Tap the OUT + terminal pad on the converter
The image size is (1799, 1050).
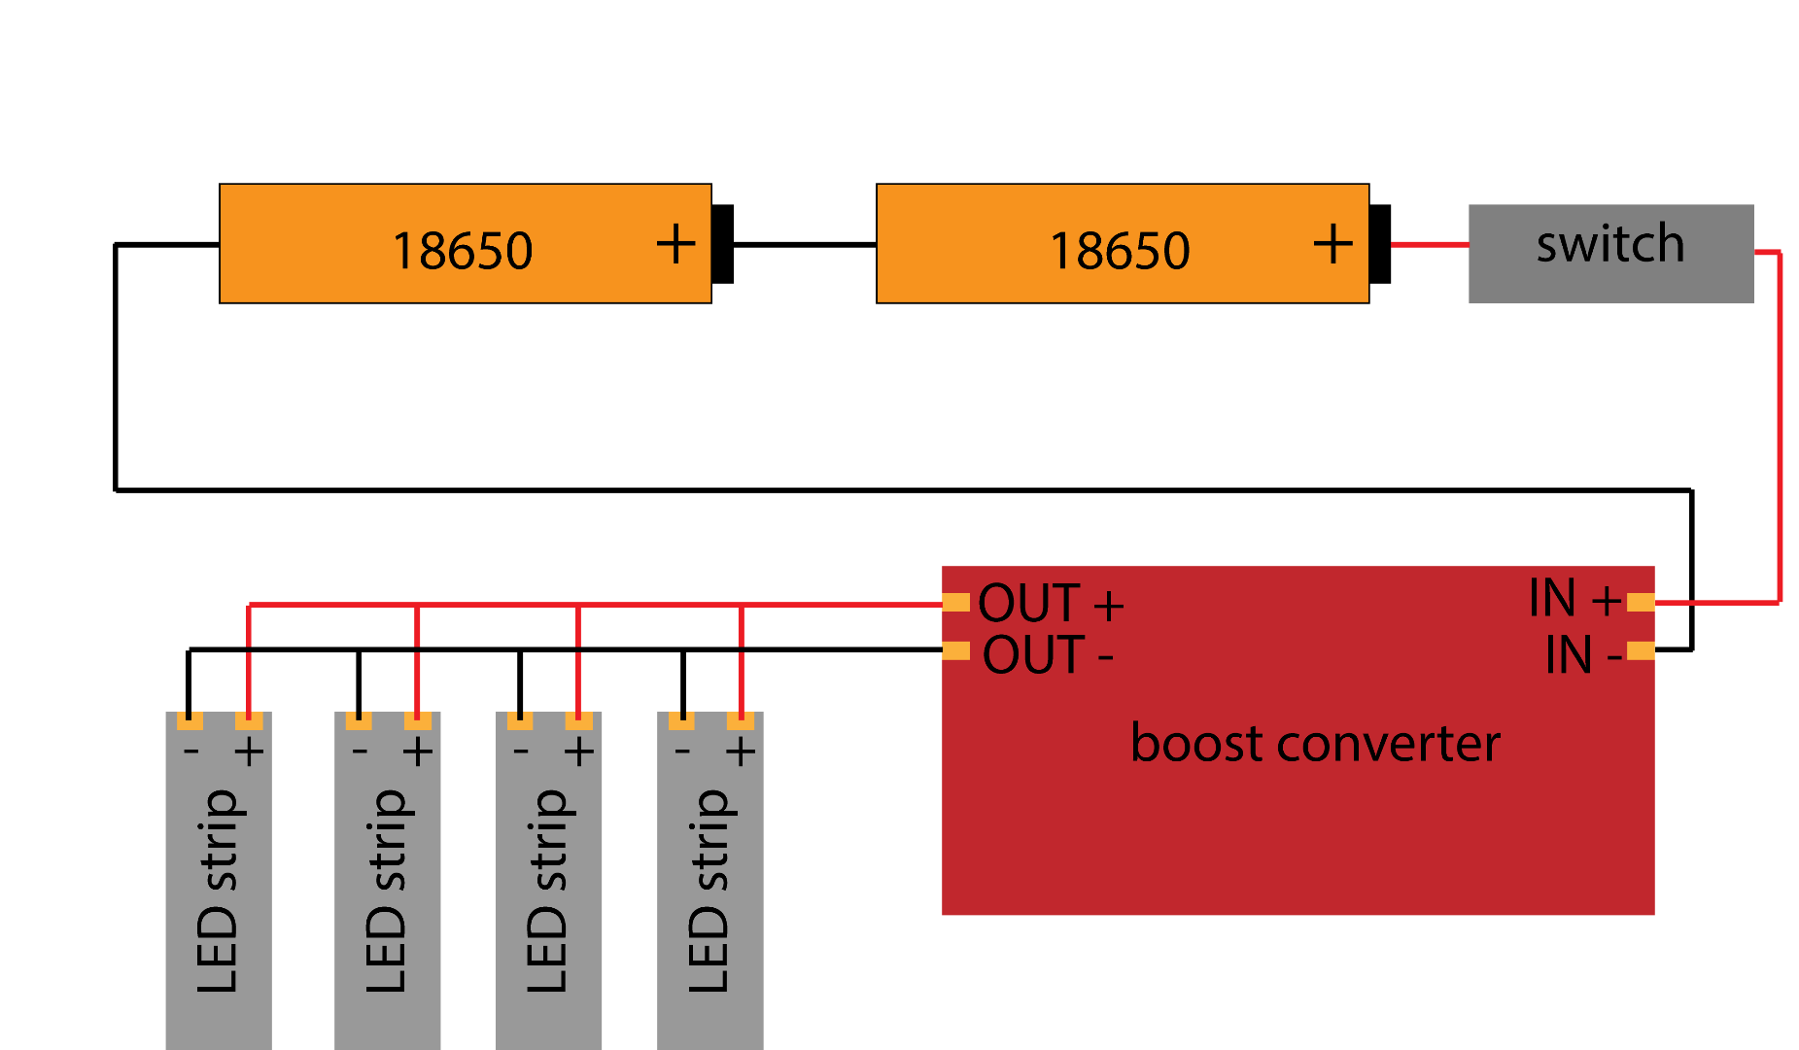tap(956, 603)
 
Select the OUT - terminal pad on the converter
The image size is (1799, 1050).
tap(956, 650)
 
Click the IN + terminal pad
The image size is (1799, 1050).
tap(1641, 603)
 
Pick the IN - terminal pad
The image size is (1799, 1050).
tap(1641, 650)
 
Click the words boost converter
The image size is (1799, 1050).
tap(1315, 745)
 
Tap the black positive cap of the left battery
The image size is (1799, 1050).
tap(722, 244)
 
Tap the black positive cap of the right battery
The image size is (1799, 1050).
tap(1380, 244)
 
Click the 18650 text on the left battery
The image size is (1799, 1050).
tap(462, 251)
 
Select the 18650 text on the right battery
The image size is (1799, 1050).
tap(1120, 251)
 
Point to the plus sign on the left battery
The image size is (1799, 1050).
tap(675, 243)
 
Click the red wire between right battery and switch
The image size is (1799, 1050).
tap(1429, 245)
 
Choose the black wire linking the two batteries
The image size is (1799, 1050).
tap(805, 245)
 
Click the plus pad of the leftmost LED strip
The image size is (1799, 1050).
tap(249, 721)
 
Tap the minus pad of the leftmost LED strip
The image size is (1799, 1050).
tap(190, 721)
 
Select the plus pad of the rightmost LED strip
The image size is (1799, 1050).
tap(741, 721)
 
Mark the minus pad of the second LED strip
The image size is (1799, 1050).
tap(359, 721)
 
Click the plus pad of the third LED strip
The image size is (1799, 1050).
tap(578, 721)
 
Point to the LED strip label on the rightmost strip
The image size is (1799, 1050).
tap(709, 890)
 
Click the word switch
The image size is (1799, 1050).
tap(1609, 243)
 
